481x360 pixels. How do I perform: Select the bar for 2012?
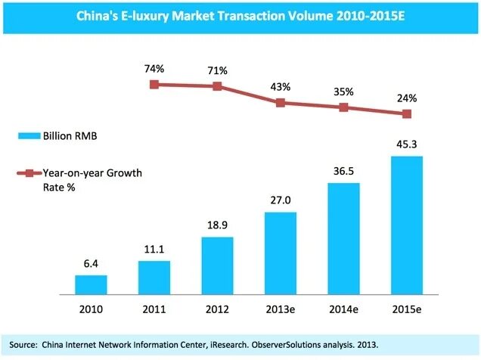(217, 265)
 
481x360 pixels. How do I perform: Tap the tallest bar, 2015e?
(407, 225)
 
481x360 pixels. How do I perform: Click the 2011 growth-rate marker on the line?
(154, 84)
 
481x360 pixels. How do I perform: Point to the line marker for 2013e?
(280, 102)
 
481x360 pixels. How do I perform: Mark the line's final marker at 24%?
(407, 114)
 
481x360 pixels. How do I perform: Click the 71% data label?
(217, 70)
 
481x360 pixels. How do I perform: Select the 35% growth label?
(343, 92)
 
